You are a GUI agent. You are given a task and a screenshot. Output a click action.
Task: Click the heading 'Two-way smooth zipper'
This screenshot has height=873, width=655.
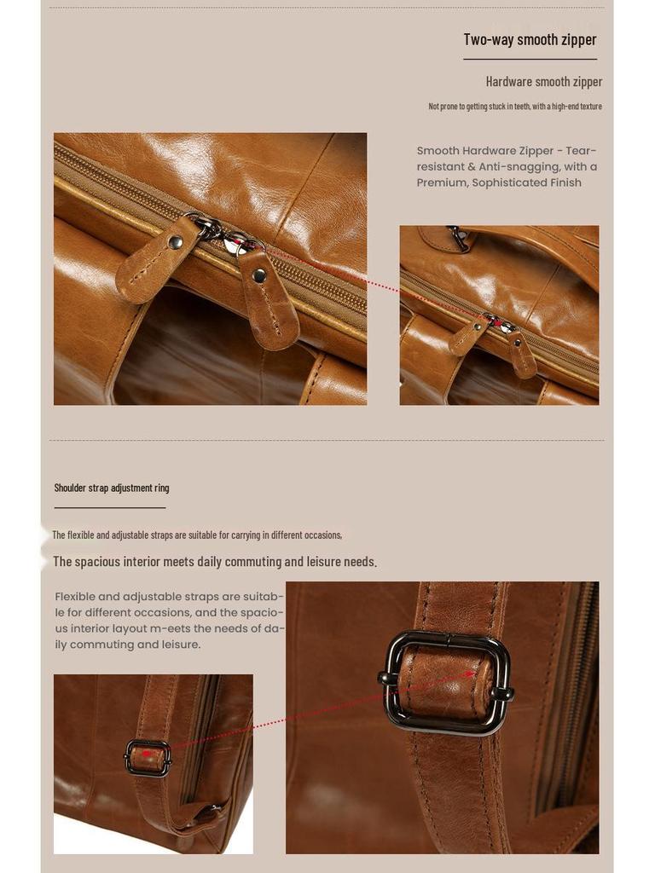[x=530, y=39]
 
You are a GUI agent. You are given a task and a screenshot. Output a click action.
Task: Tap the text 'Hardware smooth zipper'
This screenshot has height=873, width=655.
[x=543, y=82]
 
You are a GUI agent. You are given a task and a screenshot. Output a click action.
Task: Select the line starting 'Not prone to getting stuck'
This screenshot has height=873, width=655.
[x=515, y=107]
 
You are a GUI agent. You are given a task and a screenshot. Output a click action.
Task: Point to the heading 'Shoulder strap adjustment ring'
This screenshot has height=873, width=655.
[x=112, y=488]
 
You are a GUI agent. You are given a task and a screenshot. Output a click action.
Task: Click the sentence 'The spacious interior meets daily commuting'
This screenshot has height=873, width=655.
[x=215, y=562]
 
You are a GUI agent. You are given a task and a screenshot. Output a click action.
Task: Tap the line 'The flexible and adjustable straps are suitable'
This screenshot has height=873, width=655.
[x=197, y=535]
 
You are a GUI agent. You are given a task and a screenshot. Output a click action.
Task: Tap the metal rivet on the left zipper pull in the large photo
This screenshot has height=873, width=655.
[x=175, y=243]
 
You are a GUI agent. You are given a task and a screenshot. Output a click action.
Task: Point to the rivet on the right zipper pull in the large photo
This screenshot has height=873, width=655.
[x=259, y=275]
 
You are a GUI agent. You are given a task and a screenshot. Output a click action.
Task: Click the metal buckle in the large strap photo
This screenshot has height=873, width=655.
[x=446, y=682]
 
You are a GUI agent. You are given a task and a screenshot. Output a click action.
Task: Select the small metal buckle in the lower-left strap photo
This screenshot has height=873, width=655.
[x=148, y=757]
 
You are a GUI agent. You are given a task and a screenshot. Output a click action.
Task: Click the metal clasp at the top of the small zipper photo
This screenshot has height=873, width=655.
[x=459, y=238]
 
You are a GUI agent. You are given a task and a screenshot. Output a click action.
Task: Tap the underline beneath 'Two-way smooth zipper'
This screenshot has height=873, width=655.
[x=530, y=60]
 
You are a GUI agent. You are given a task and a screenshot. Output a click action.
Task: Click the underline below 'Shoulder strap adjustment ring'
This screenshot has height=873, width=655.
[x=109, y=508]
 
